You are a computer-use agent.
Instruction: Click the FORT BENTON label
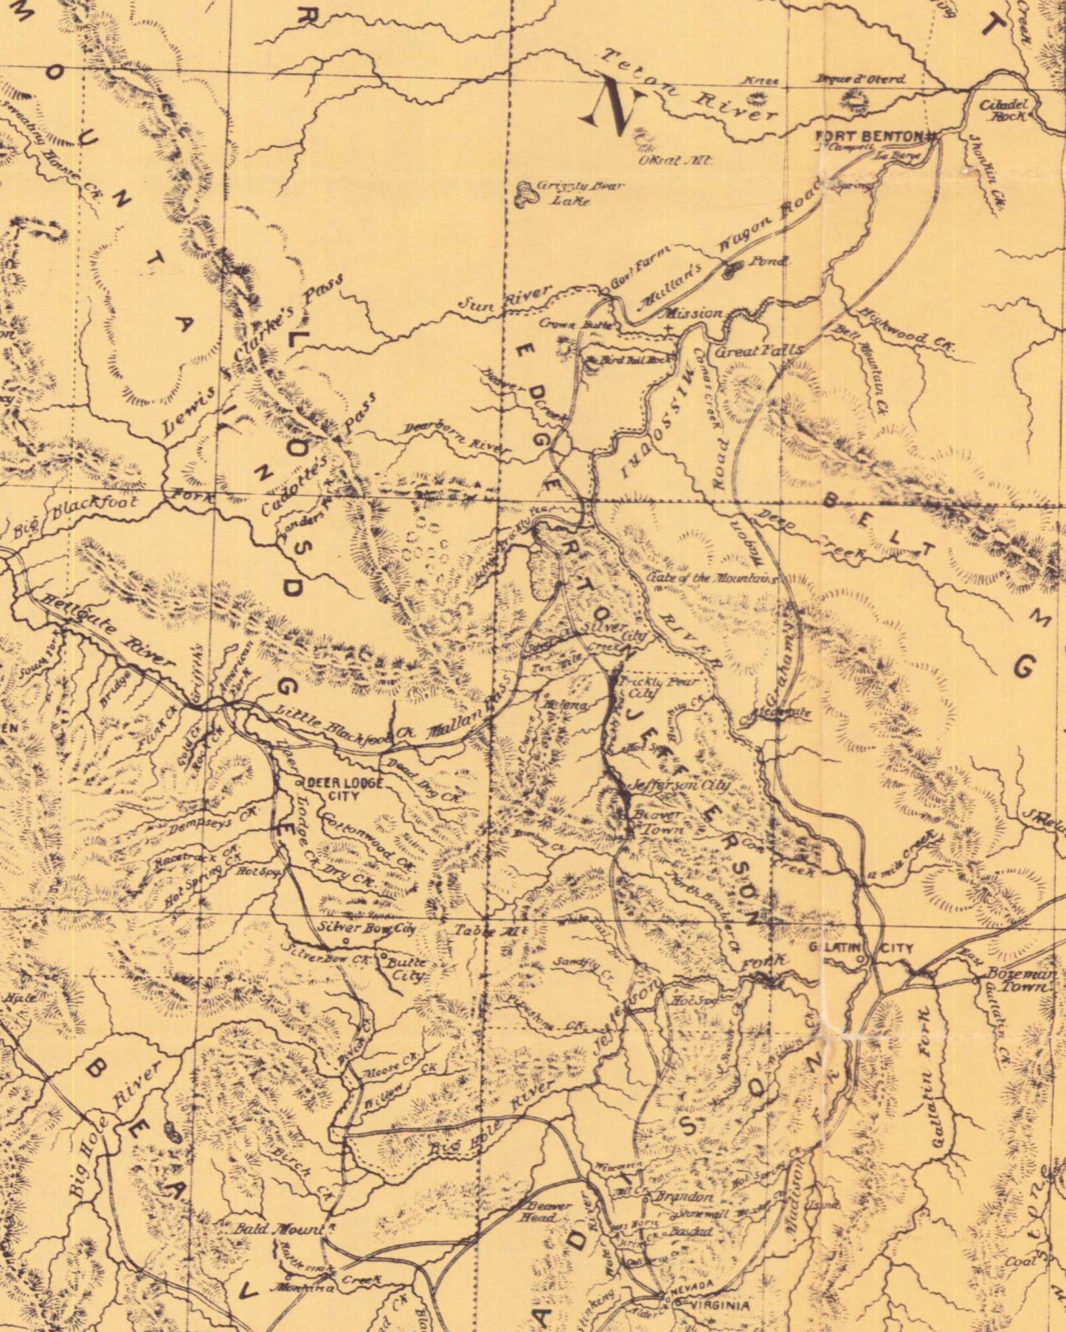(870, 136)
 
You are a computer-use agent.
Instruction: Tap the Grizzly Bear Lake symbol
(527, 192)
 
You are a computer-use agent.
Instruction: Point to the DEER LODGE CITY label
(345, 788)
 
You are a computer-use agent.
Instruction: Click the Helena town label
(564, 705)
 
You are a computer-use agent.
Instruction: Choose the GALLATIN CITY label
(860, 948)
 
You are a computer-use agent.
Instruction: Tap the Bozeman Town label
(1022, 980)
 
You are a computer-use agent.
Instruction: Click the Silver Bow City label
(367, 928)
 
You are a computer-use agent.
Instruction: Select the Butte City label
(406, 968)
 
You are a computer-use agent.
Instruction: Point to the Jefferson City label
(680, 785)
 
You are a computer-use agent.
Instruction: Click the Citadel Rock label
(1003, 111)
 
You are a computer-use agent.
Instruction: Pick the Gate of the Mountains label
(712, 577)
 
